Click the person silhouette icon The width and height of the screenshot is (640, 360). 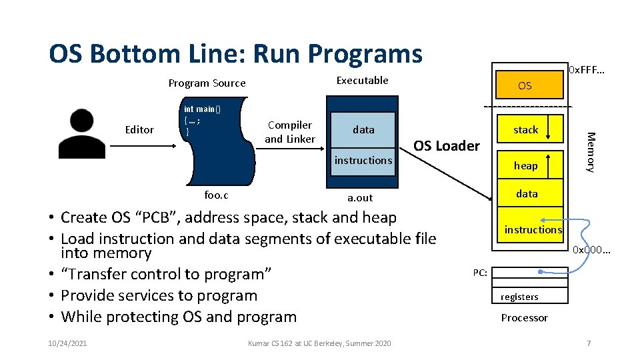point(81,133)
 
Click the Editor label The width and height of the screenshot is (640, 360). point(139,129)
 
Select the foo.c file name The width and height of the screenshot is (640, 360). point(215,195)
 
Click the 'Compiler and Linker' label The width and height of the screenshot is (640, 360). point(289,131)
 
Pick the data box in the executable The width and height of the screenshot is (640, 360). point(363,129)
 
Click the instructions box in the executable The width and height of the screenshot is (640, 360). point(363,160)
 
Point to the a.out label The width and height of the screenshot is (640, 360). point(361,197)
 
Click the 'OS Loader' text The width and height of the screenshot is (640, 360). point(447,145)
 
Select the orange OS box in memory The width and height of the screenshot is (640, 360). point(525,85)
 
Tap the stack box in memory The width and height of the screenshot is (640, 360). point(525,130)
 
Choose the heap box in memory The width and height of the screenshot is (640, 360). point(525,165)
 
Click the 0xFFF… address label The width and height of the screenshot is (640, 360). point(586,69)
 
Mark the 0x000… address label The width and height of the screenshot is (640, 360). point(592,250)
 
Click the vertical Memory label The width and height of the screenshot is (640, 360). point(589,152)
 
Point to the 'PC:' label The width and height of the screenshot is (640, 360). point(480,272)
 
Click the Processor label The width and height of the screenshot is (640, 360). point(524,317)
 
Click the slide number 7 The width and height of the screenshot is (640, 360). point(589,343)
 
